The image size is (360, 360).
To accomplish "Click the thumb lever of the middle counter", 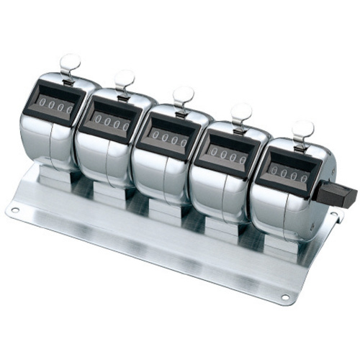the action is pyautogui.click(x=183, y=98).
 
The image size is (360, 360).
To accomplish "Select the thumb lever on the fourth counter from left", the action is pyautogui.click(x=241, y=114).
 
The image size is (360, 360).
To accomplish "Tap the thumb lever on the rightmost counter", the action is pyautogui.click(x=302, y=131).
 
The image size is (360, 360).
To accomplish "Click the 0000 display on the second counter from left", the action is pyautogui.click(x=111, y=121).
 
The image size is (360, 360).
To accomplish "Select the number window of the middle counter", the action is pyautogui.click(x=168, y=138).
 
